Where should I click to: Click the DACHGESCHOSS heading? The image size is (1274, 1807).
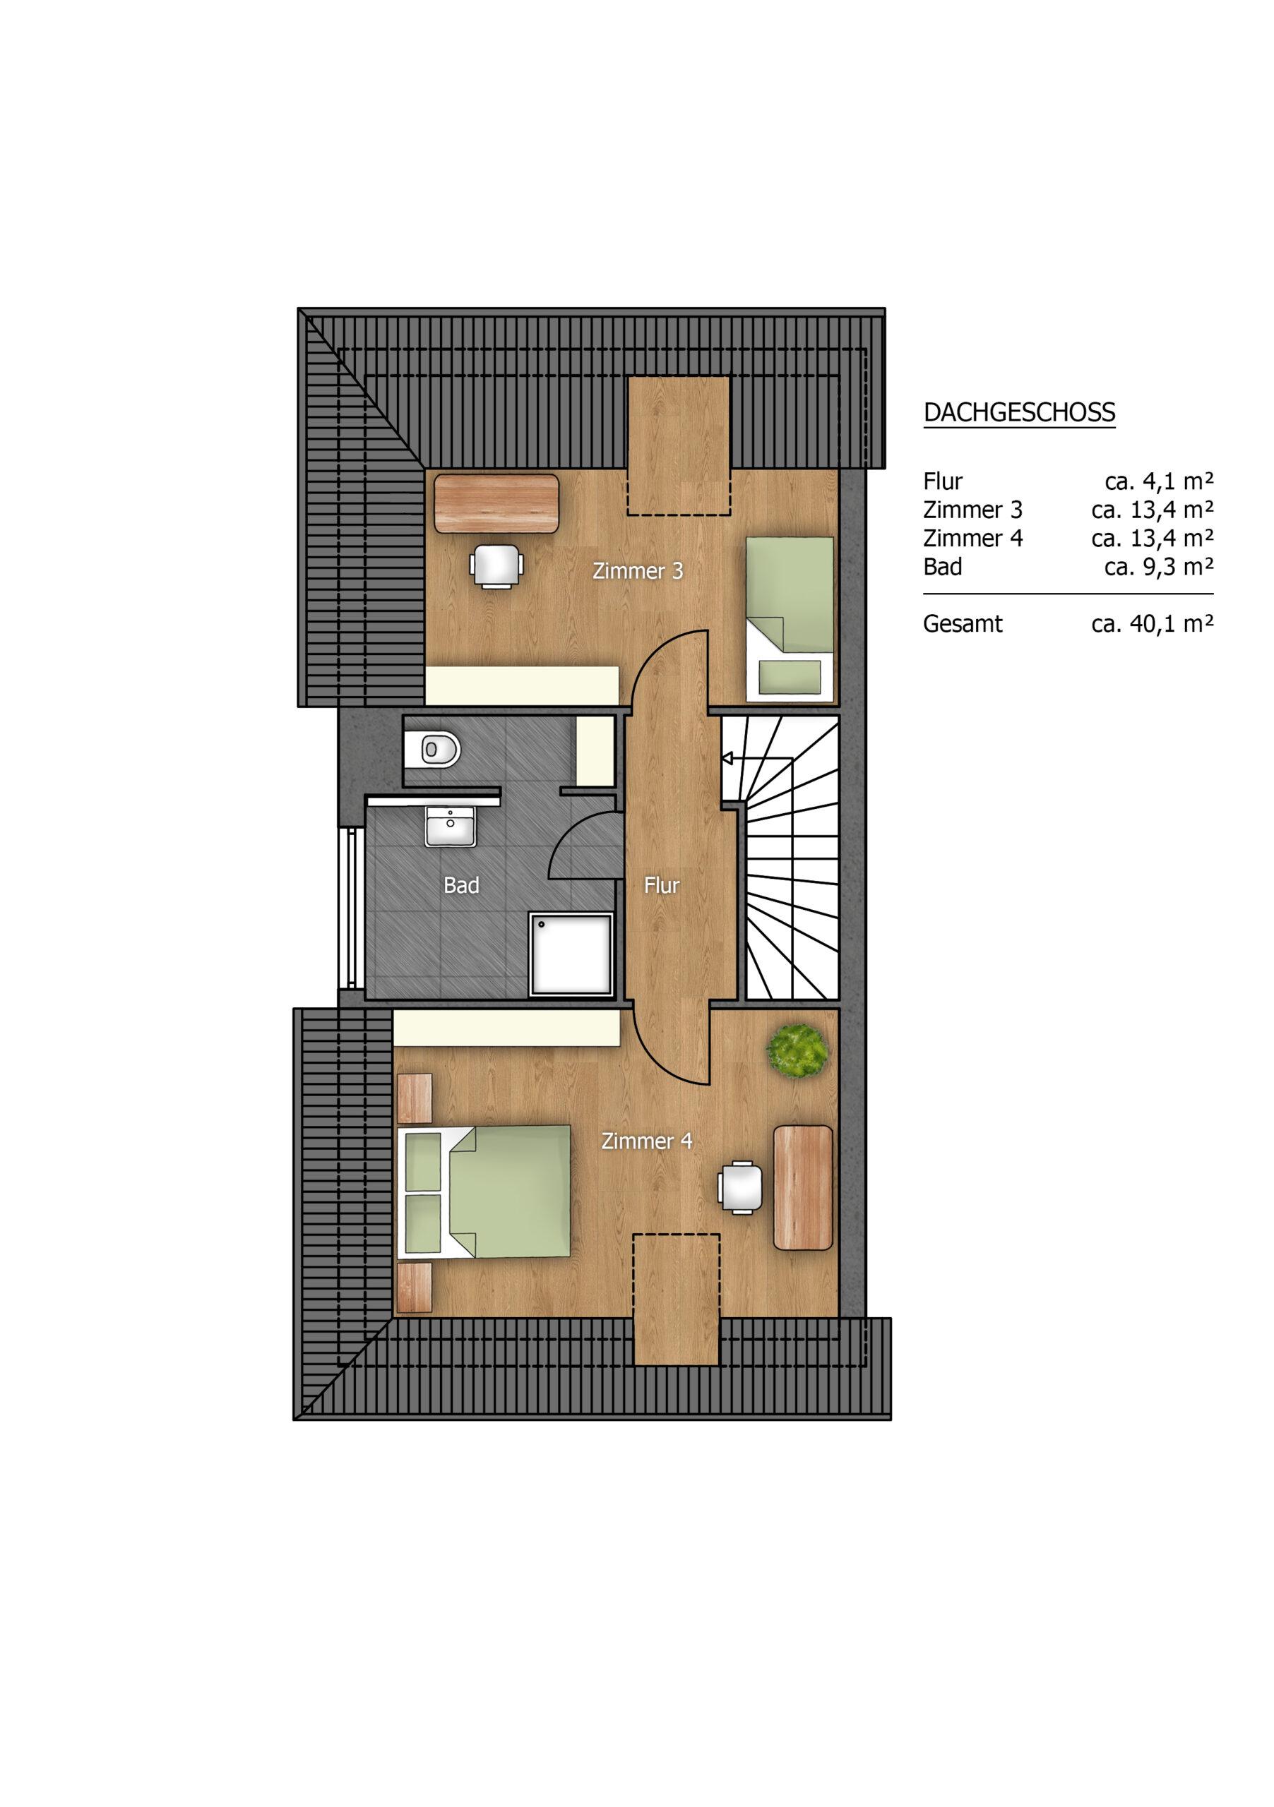(1019, 412)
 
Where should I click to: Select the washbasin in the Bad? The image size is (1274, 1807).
(451, 827)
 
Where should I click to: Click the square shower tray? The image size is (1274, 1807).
(571, 954)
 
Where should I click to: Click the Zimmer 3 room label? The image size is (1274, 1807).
(638, 570)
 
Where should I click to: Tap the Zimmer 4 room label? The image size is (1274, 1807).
(646, 1141)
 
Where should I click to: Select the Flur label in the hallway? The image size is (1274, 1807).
(662, 885)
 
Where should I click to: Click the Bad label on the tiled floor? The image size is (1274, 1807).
(461, 885)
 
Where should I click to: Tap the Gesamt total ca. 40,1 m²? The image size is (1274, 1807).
(1152, 624)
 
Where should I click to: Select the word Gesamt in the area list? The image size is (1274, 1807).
(962, 624)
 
